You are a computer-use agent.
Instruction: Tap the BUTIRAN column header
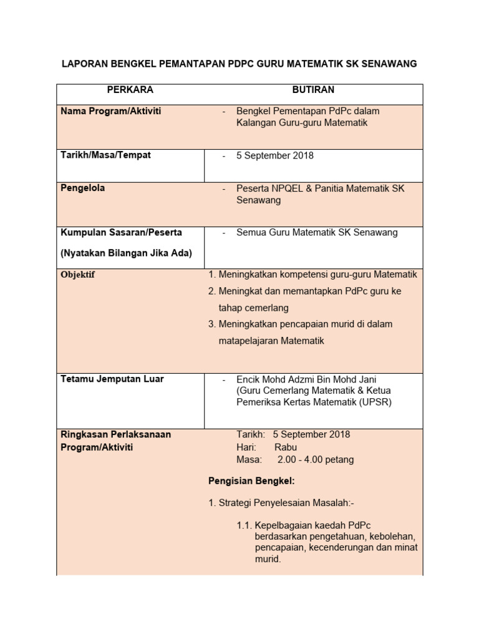pyautogui.click(x=313, y=90)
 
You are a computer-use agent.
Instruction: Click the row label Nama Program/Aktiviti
pyautogui.click(x=110, y=111)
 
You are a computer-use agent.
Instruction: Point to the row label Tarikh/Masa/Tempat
pyautogui.click(x=105, y=155)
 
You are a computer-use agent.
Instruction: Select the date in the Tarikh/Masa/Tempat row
pyautogui.click(x=275, y=155)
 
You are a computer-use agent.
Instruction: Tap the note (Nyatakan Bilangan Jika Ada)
pyautogui.click(x=126, y=253)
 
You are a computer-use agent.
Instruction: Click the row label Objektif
pyautogui.click(x=78, y=275)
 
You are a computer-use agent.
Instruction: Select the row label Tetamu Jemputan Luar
pyautogui.click(x=112, y=379)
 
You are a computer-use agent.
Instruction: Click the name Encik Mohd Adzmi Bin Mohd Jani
pyautogui.click(x=306, y=379)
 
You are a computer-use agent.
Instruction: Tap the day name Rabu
pyautogui.click(x=286, y=447)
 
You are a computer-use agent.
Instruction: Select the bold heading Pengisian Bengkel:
pyautogui.click(x=251, y=481)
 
